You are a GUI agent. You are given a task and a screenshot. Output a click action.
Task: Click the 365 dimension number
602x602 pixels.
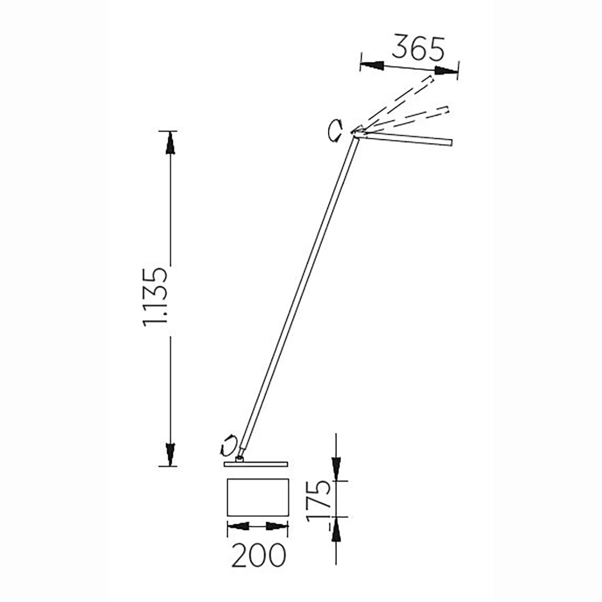[418, 49]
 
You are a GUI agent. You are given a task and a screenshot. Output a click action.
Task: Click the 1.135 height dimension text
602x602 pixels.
[156, 297]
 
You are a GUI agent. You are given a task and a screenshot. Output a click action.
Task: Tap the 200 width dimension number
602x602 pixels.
[259, 555]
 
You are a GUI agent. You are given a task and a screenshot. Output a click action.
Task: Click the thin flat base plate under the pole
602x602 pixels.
[255, 464]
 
